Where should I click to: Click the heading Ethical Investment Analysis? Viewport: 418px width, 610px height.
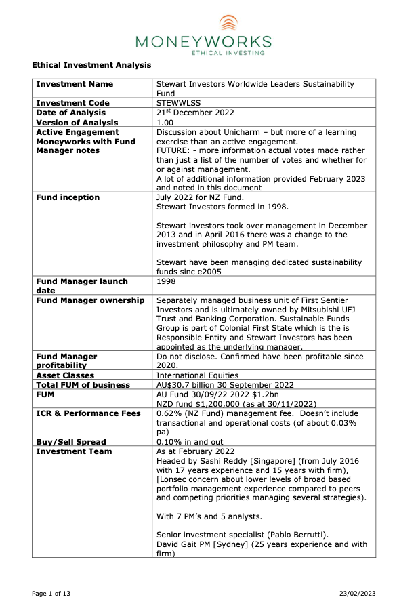point(91,65)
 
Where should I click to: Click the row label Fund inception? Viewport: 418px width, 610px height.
point(68,197)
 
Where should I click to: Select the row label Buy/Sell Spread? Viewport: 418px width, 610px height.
point(71,441)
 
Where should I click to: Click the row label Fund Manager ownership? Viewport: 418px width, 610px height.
point(90,300)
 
